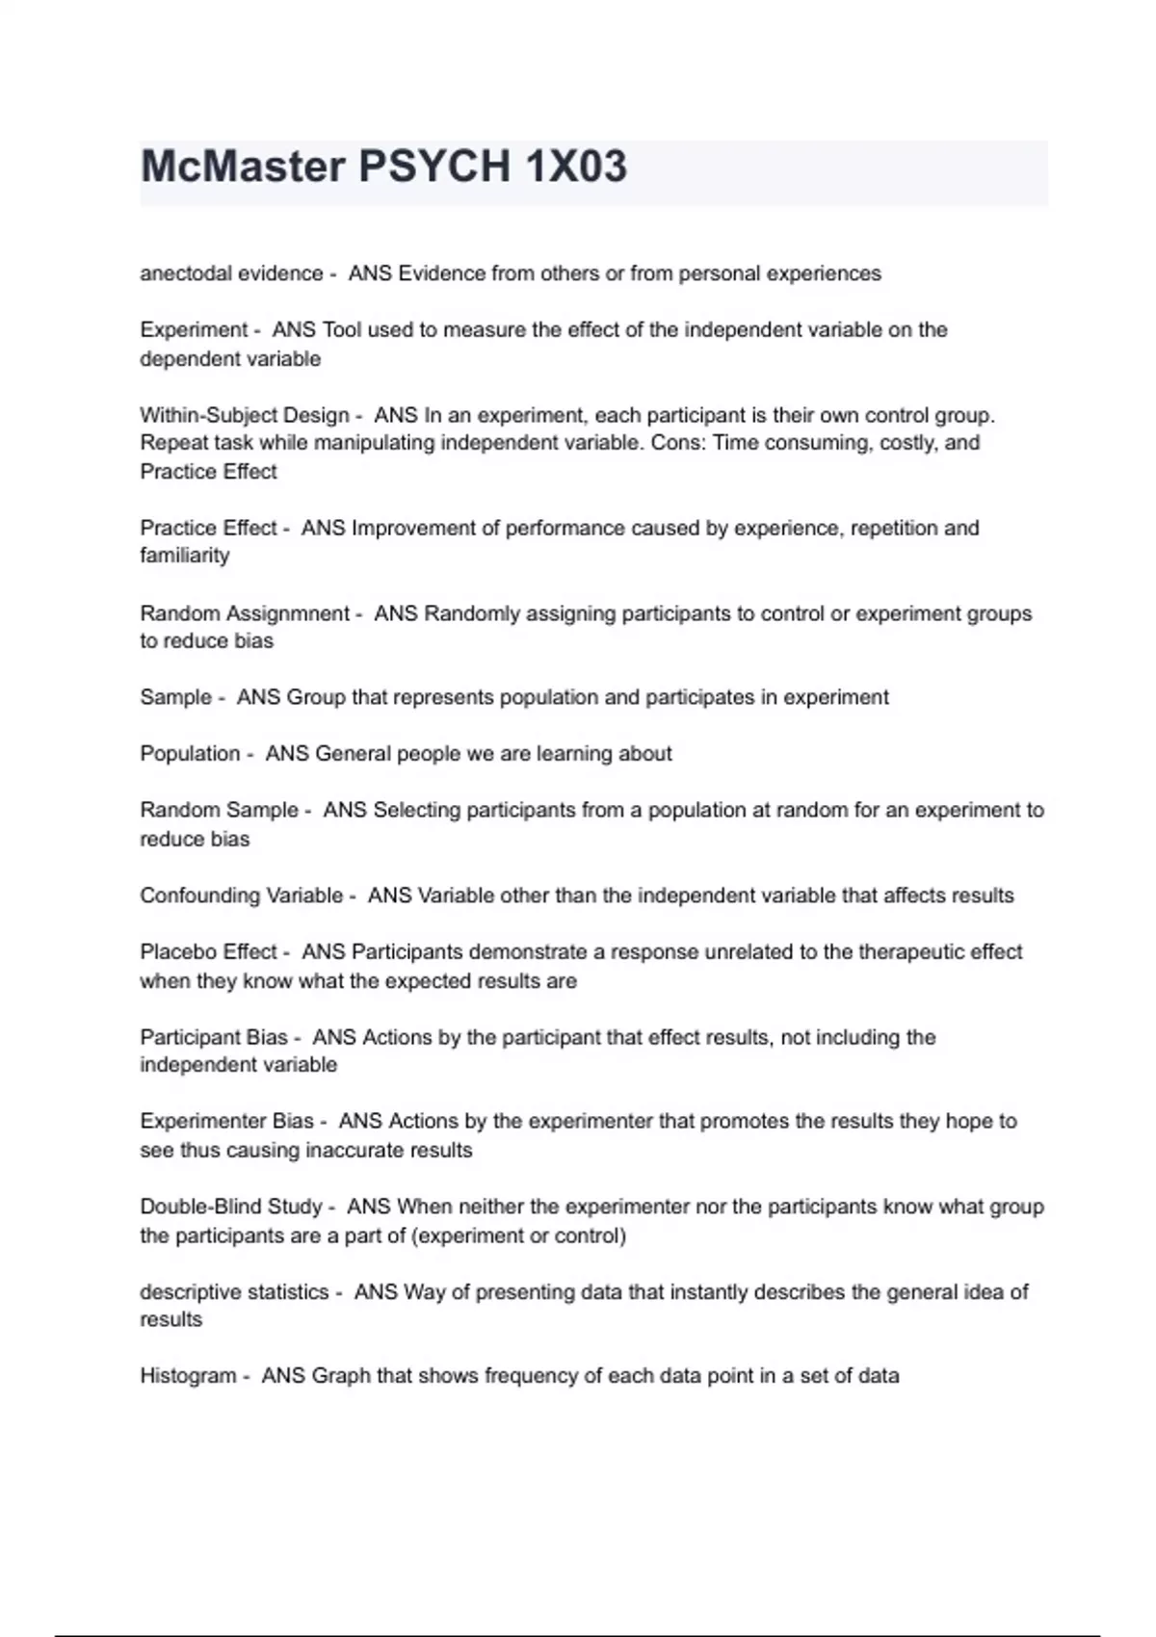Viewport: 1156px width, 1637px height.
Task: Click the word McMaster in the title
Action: click(x=243, y=167)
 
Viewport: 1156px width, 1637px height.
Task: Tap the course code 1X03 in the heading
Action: click(x=576, y=167)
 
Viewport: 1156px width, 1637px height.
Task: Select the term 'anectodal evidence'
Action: click(x=231, y=273)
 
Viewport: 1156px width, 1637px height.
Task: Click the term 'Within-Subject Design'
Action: click(x=245, y=415)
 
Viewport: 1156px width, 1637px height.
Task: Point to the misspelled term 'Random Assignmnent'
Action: click(x=245, y=613)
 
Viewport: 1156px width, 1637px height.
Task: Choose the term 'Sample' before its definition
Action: click(x=175, y=697)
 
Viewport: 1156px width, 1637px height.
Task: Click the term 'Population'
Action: click(x=190, y=753)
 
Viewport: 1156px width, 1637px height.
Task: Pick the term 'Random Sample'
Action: click(x=219, y=810)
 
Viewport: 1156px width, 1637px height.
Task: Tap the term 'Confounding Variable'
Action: click(x=241, y=896)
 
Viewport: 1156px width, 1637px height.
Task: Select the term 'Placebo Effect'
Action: click(x=208, y=951)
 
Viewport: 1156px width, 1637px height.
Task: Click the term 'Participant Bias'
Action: click(x=214, y=1037)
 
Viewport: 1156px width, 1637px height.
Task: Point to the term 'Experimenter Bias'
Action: click(x=226, y=1121)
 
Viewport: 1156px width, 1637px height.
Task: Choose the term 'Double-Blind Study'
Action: click(x=231, y=1207)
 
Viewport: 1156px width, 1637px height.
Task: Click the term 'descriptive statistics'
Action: click(x=234, y=1292)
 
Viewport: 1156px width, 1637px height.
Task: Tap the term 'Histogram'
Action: click(x=188, y=1376)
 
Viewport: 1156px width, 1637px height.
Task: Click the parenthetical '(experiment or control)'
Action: click(x=518, y=1235)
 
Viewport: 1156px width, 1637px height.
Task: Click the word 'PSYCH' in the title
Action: click(x=434, y=167)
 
